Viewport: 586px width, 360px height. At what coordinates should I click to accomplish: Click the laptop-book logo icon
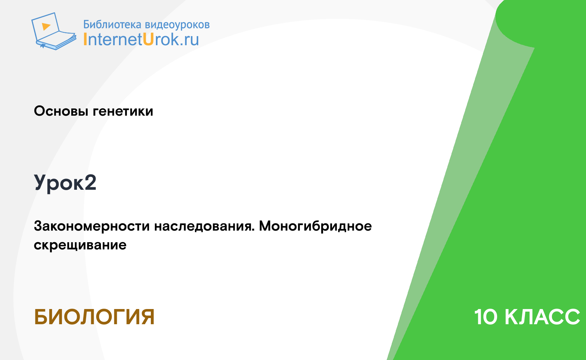coord(54,31)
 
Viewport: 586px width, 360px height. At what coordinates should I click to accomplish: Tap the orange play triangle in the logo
coord(46,26)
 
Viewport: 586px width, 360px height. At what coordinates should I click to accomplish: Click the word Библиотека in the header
coord(112,24)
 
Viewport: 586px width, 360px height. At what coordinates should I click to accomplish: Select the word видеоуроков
coord(177,25)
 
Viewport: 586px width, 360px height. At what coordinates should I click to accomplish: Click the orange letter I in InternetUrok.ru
coord(85,39)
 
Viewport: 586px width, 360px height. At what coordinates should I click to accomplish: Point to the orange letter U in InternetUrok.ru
coord(148,39)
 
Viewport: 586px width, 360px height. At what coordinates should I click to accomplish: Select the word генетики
coord(123,111)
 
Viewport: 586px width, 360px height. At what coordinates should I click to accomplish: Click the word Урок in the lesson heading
coord(59,183)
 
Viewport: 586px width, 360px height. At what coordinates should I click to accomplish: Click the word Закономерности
coord(92,226)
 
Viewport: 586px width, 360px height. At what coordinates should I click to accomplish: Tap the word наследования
coord(203,226)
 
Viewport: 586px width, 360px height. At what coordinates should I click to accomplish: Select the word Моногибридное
coord(315,226)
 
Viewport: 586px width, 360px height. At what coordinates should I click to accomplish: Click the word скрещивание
coord(80,245)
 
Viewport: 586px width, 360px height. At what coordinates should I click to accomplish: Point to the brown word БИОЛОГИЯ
coord(94,317)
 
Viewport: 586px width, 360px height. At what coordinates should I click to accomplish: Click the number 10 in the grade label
coord(485,317)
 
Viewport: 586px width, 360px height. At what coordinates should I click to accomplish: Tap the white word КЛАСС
coord(542,317)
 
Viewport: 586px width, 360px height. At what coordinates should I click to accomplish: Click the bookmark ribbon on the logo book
coord(43,46)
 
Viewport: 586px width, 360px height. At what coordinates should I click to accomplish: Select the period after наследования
coord(253,231)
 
